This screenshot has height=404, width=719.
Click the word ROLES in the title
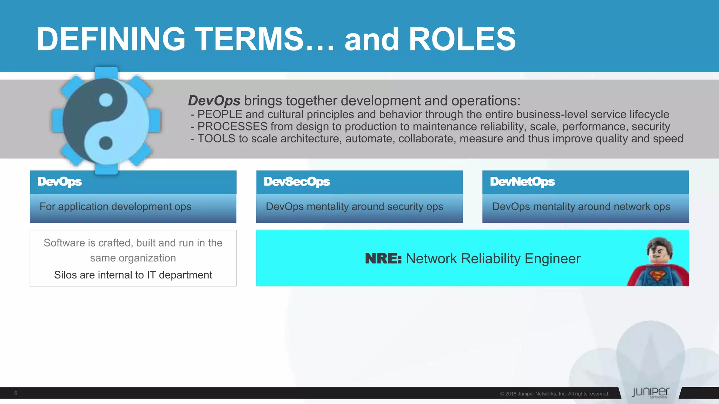coord(462,39)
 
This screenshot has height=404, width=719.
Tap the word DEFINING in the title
coord(111,39)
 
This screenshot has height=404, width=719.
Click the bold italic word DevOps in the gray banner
coord(214,101)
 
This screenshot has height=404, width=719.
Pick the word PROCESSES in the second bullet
coord(232,127)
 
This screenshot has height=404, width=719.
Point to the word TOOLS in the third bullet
coord(216,139)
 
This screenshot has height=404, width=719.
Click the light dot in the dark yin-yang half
coord(106,100)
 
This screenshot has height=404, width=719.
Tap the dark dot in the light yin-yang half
coord(106,143)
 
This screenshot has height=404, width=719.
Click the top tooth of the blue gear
coord(106,73)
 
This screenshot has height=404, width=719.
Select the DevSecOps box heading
coord(297,182)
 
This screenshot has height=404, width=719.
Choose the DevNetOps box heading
coord(522,182)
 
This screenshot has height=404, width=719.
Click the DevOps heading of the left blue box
coord(60,182)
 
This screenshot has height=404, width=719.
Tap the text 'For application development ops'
coord(116,207)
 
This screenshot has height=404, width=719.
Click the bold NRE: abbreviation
coord(383,259)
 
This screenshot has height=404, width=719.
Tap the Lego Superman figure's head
coord(659,250)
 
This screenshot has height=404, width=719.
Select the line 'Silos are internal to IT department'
coord(133,275)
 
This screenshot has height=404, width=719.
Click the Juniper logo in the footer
coord(650,392)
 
